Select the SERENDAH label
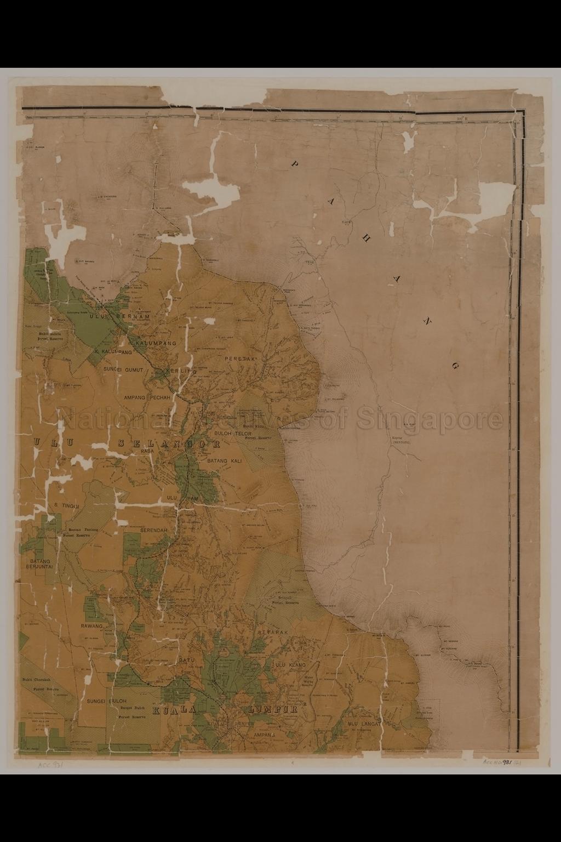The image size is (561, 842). coord(154,531)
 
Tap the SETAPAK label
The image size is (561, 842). coord(272,632)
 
